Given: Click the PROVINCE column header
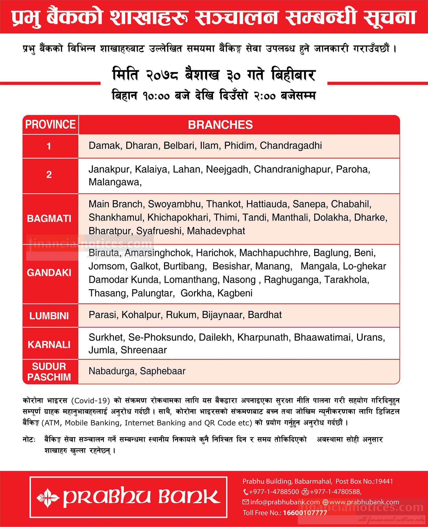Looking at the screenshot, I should [50, 124].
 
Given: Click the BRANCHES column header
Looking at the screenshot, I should [220, 125].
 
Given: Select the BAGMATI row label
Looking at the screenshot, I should [49, 219].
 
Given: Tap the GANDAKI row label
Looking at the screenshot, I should [49, 273].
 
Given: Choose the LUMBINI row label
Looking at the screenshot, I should [49, 316].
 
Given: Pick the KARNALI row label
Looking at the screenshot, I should [49, 344].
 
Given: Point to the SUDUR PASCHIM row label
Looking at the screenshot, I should [49, 371].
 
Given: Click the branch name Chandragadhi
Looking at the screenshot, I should [291, 146].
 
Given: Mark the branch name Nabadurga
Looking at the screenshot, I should [112, 371].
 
